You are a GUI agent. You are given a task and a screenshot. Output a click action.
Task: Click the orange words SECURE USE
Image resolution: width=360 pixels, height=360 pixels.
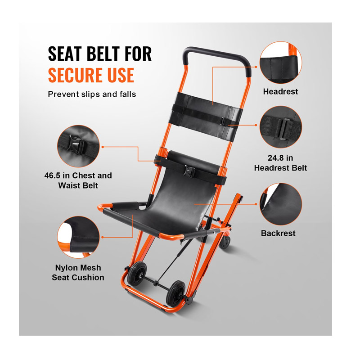coord(91,75)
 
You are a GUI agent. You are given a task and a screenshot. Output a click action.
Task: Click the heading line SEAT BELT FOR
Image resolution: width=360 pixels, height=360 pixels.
coord(100,54)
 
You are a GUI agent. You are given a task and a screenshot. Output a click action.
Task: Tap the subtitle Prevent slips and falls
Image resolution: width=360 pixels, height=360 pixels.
coord(92,94)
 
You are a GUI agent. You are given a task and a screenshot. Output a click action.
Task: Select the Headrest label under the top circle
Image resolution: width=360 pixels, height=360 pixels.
coord(280,92)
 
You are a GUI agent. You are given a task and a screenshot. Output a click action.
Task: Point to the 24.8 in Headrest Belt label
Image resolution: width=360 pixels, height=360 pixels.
coord(280,163)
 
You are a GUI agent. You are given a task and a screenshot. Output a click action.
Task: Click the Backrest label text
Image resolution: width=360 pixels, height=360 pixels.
coord(278,233)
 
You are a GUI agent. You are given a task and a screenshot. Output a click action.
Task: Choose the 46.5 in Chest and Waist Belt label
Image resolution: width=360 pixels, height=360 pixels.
coord(78,180)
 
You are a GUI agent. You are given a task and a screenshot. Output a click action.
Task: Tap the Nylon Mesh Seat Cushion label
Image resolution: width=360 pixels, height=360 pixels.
coord(78,273)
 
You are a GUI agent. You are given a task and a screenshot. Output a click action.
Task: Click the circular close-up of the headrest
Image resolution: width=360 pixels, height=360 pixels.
coord(281,63)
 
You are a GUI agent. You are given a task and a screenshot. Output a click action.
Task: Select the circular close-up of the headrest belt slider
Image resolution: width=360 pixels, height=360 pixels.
coord(281,127)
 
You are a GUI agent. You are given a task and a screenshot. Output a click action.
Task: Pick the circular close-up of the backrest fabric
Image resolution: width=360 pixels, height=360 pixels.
coord(281,204)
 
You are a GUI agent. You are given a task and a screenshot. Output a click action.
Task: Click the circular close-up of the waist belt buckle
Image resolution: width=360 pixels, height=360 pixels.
coord(78,146)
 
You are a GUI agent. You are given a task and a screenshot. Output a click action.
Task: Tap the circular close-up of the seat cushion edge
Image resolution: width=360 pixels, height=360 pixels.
coord(78,237)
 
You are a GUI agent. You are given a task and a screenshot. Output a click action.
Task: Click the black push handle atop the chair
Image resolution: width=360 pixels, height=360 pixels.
coord(217,58)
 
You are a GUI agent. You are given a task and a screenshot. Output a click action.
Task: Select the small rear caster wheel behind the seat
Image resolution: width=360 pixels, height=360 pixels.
coord(225,242)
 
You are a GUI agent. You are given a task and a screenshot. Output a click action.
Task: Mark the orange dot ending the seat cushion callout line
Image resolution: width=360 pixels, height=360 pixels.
coord(103,237)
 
